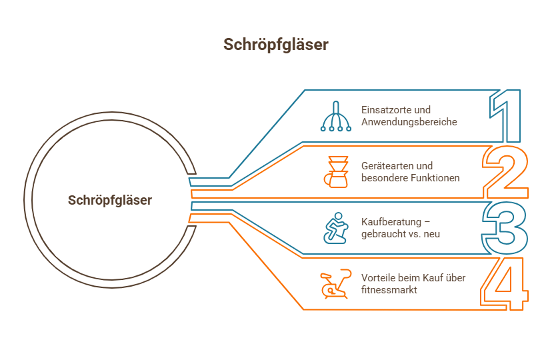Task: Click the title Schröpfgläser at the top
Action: pyautogui.click(x=275, y=45)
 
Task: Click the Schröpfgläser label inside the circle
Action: pyautogui.click(x=110, y=200)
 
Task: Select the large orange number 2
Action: pyautogui.click(x=505, y=172)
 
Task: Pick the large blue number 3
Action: pyautogui.click(x=505, y=228)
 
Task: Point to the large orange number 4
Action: pyautogui.click(x=505, y=284)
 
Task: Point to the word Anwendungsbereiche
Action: pyautogui.click(x=409, y=123)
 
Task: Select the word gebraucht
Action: pyautogui.click(x=384, y=235)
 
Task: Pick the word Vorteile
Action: pyautogui.click(x=376, y=278)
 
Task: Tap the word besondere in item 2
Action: pyautogui.click(x=384, y=179)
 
